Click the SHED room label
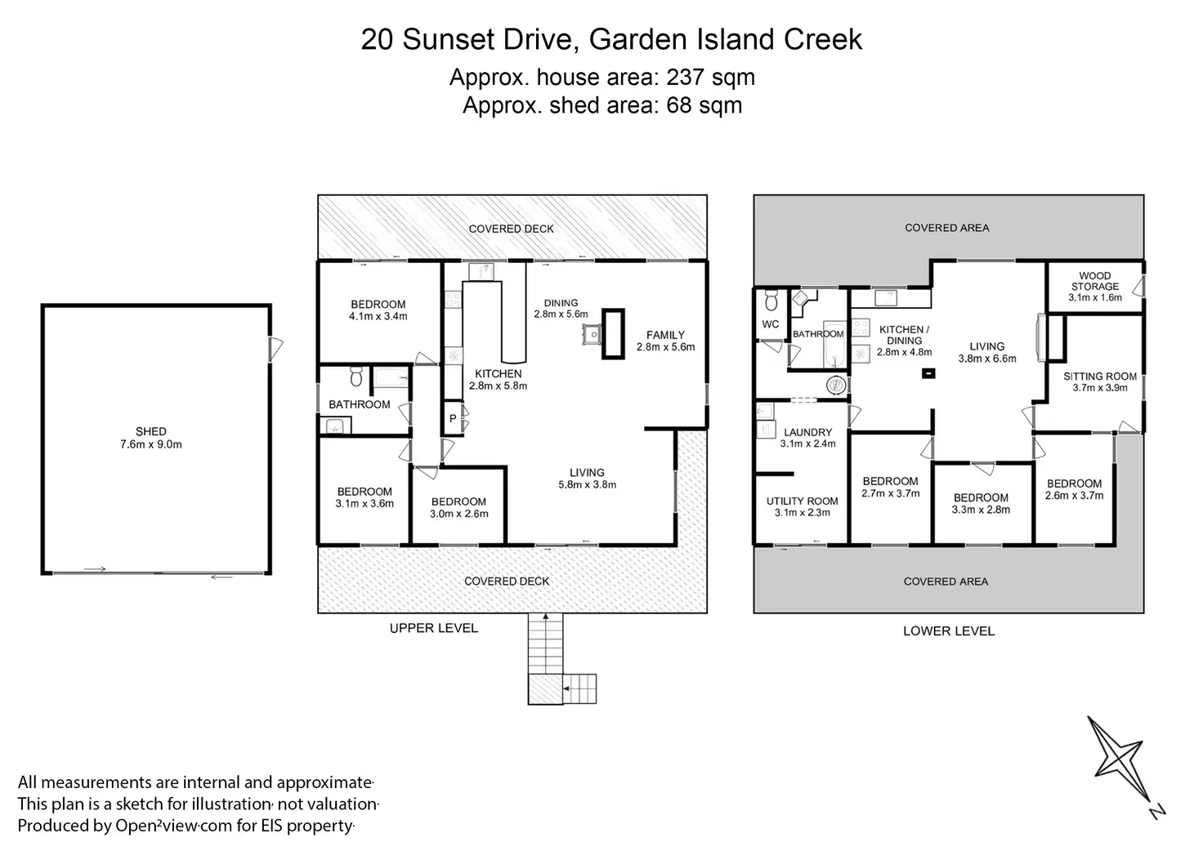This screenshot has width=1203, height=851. [151, 431]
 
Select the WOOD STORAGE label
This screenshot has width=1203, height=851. [1095, 281]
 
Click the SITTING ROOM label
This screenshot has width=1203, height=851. [1100, 376]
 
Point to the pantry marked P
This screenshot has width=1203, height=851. [453, 418]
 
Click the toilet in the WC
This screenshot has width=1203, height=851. [771, 301]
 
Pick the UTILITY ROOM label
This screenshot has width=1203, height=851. [803, 501]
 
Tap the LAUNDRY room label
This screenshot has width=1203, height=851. [807, 432]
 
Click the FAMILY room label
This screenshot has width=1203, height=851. [665, 335]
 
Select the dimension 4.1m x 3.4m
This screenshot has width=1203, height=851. [378, 317]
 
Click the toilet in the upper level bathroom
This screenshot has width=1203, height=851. [356, 376]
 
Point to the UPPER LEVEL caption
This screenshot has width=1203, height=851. [434, 628]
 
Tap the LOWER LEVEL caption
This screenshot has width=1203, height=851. [949, 631]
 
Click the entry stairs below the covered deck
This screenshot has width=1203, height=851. [546, 644]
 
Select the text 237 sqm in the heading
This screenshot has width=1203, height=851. [710, 78]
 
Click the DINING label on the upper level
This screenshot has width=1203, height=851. [561, 303]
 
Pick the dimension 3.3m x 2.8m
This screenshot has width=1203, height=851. [982, 510]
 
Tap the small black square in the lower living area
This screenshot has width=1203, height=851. [928, 373]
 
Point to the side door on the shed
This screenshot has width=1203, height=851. [275, 349]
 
